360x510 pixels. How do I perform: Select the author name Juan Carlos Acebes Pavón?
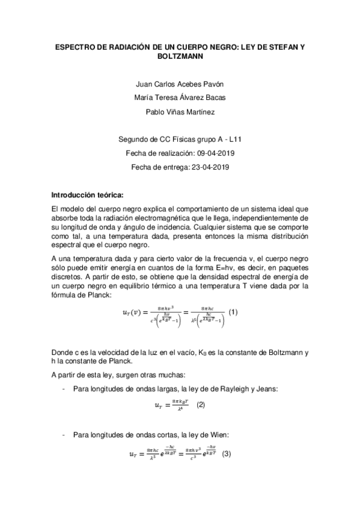click(x=180, y=84)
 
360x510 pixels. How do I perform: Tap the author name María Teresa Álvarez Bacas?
click(x=180, y=98)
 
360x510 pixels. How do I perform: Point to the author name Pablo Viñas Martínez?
click(x=180, y=111)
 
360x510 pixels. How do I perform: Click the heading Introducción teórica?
click(x=88, y=195)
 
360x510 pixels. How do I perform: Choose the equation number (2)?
click(x=201, y=405)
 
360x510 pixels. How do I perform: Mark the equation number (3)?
click(x=227, y=453)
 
